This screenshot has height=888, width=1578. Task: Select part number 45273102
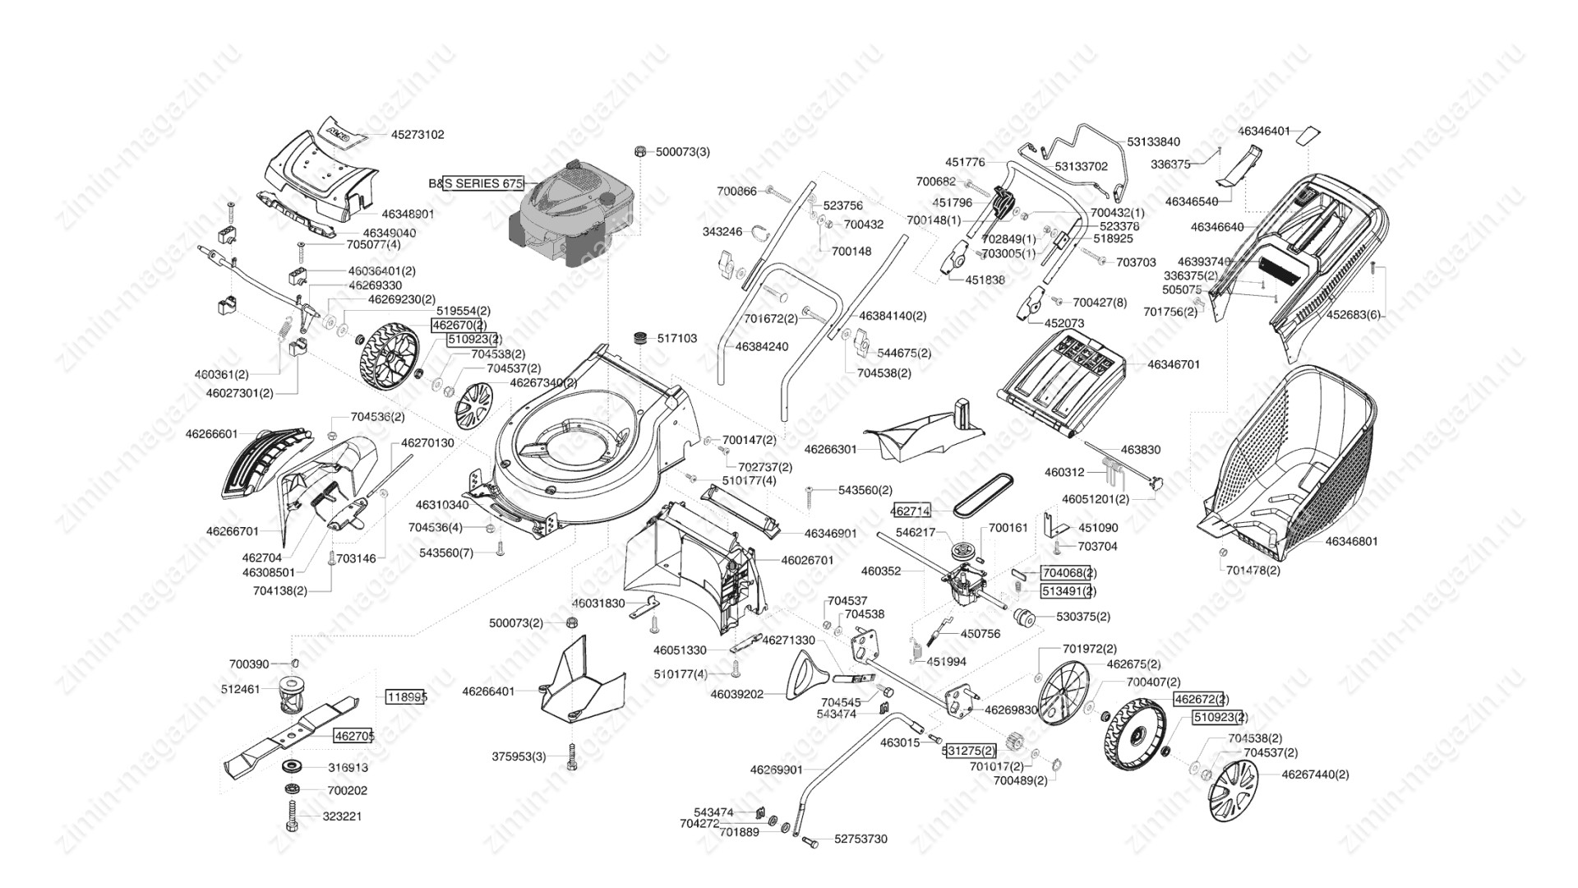point(418,135)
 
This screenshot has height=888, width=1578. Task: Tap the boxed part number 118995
point(407,697)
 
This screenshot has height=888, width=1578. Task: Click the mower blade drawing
point(291,733)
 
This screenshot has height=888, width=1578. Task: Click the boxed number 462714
point(911,511)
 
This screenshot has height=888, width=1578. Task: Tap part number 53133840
point(1153,142)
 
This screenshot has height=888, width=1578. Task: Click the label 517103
point(677,339)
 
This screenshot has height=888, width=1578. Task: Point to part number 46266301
point(830,450)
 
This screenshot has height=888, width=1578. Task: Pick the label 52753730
point(861,839)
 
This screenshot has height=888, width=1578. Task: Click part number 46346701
point(1174,364)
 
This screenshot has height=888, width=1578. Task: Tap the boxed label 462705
point(354,737)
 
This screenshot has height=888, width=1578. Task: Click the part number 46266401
point(488,691)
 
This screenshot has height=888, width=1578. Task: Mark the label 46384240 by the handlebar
point(762,347)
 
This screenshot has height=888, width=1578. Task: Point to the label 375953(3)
point(519,756)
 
